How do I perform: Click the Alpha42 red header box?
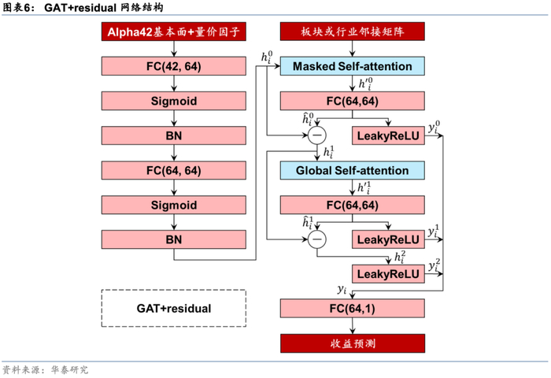coord(172,32)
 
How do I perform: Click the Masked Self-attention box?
coord(352,66)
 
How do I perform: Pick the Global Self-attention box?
coord(352,170)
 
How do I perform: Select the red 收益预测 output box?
coord(352,343)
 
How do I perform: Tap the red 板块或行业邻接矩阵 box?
coord(352,32)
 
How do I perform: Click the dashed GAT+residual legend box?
coord(173,308)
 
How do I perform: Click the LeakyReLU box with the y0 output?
coord(388,135)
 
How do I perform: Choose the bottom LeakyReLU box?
coord(388,273)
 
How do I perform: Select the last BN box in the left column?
coord(173,239)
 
